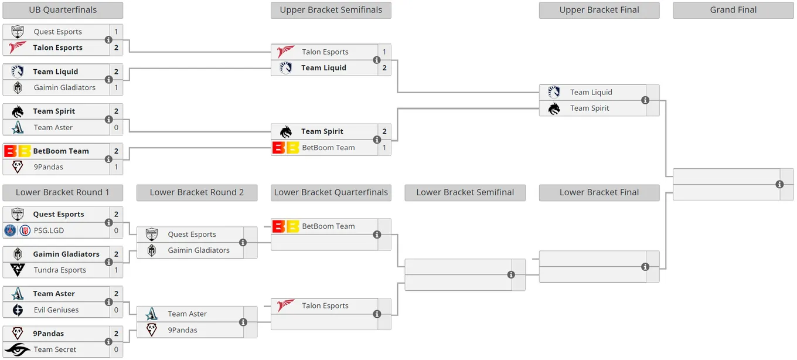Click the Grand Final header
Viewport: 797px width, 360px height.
[x=733, y=10]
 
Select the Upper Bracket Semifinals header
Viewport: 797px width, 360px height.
[x=331, y=10]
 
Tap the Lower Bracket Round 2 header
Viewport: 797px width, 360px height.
[x=197, y=193]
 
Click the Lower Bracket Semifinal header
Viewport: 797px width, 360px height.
[x=465, y=193]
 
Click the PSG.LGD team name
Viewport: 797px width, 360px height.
[x=49, y=230]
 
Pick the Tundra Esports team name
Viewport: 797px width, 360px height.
[x=60, y=270]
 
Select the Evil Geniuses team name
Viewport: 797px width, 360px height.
[x=56, y=310]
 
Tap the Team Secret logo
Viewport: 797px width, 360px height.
[x=18, y=349]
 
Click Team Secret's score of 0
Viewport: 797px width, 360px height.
[x=116, y=349]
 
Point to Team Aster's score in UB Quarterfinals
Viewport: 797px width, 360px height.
[x=116, y=127]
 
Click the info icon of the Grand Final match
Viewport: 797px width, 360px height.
[x=779, y=184]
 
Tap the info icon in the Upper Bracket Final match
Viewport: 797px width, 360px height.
[x=645, y=100]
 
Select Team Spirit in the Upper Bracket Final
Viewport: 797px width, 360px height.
[x=590, y=108]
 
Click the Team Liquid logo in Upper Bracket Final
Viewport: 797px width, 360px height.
[x=554, y=92]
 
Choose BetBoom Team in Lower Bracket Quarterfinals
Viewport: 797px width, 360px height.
[x=328, y=226]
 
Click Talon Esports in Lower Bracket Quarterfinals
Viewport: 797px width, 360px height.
[x=325, y=305]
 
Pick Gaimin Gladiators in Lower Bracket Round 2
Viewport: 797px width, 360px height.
[x=199, y=250]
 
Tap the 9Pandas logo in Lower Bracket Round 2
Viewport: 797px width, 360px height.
[x=152, y=330]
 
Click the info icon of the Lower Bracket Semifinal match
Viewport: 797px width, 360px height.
[x=511, y=274]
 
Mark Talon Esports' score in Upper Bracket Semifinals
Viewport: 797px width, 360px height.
[x=384, y=52]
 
